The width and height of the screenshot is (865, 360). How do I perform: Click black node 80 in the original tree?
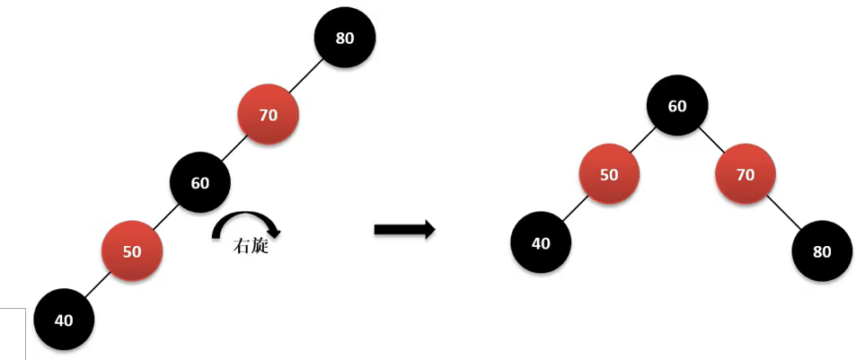tap(345, 38)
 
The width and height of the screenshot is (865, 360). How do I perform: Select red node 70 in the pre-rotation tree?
tap(268, 115)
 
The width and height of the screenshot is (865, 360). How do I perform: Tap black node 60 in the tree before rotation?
tap(200, 183)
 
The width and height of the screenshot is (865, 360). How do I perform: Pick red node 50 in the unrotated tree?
tap(132, 251)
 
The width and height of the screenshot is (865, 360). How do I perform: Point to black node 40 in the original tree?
tap(64, 320)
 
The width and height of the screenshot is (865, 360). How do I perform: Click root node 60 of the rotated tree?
tap(677, 106)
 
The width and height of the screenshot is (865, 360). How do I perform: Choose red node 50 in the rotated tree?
tap(609, 174)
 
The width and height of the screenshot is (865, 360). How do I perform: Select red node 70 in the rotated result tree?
tap(746, 174)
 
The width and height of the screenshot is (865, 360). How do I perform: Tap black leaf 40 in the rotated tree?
tap(541, 242)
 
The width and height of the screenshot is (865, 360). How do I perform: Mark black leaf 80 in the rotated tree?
tap(822, 251)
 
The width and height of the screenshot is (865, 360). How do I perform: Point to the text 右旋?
tap(250, 245)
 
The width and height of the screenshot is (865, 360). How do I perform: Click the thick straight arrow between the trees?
tap(404, 231)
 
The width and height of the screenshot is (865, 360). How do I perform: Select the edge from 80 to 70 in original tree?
tap(306, 76)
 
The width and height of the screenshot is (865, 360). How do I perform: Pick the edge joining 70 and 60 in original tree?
tap(234, 149)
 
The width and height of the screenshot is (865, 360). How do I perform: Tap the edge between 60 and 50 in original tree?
tap(166, 217)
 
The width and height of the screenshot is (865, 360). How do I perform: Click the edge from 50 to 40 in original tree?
tap(98, 285)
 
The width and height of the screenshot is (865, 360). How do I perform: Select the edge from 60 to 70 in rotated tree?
tap(711, 140)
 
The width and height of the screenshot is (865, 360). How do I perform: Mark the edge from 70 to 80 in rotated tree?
tap(784, 214)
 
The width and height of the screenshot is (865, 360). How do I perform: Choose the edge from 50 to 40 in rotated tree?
tap(575, 208)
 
